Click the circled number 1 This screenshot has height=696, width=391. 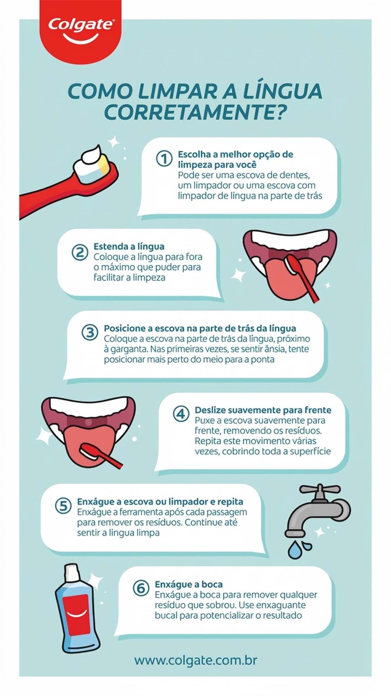tap(164, 159)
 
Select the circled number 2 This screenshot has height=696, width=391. tap(80, 252)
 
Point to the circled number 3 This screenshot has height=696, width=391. tap(90, 332)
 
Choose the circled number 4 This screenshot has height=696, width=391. tap(181, 414)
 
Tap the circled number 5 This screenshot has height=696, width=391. tap(63, 505)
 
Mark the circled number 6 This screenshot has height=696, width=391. tap(141, 588)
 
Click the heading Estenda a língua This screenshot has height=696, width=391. tap(129, 246)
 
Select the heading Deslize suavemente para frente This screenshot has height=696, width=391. tap(263, 410)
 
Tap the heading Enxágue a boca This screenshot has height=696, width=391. tap(189, 584)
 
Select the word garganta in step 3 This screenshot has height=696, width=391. tap(126, 349)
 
